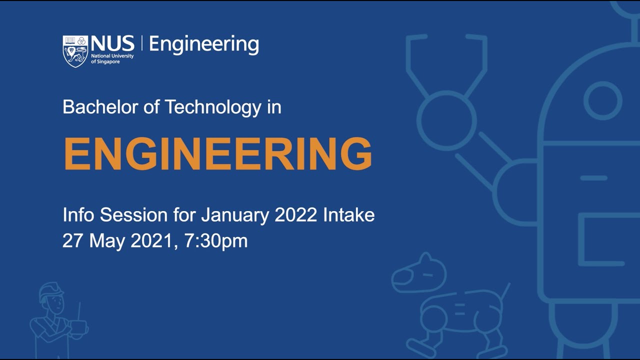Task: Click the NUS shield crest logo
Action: (x=75, y=51)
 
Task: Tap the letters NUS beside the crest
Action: (x=112, y=43)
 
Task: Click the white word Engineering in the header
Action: (x=204, y=44)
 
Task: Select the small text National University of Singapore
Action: (x=112, y=58)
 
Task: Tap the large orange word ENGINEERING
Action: (x=217, y=154)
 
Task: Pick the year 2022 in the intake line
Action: (x=296, y=215)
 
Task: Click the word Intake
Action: (x=349, y=215)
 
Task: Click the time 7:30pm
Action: (x=216, y=241)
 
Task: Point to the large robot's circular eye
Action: (x=602, y=100)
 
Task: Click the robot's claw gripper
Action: (x=446, y=65)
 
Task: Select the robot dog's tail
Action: (x=505, y=291)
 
